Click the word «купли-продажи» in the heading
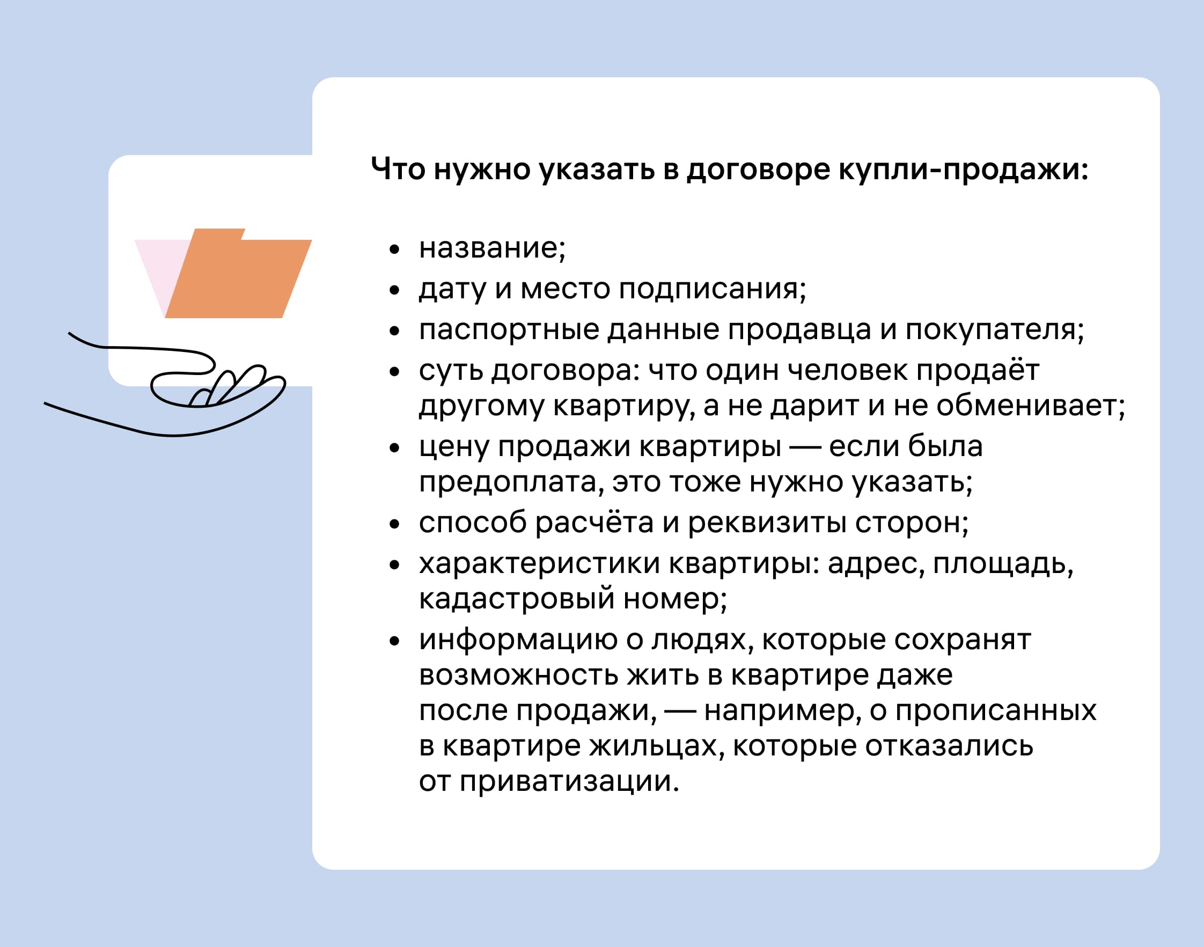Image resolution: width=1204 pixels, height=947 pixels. click(963, 169)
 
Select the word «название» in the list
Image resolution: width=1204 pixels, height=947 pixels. click(488, 247)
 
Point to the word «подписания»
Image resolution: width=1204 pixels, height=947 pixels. click(708, 289)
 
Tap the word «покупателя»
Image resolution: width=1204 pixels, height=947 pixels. click(990, 329)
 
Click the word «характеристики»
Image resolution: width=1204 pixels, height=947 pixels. click(539, 563)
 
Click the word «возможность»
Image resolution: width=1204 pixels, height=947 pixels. click(519, 675)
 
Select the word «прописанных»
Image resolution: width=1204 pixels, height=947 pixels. click(996, 710)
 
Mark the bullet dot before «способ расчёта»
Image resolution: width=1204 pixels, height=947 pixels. click(394, 524)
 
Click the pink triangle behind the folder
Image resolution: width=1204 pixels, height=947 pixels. click(158, 266)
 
